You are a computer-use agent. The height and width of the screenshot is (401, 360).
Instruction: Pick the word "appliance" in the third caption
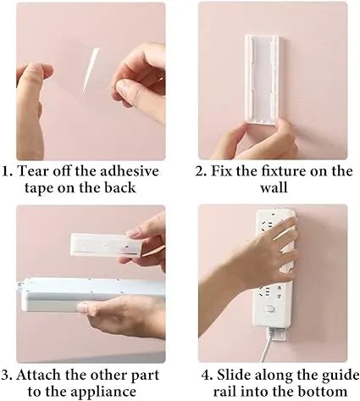tap(124, 392)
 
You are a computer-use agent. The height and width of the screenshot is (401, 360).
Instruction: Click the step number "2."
tap(202, 171)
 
